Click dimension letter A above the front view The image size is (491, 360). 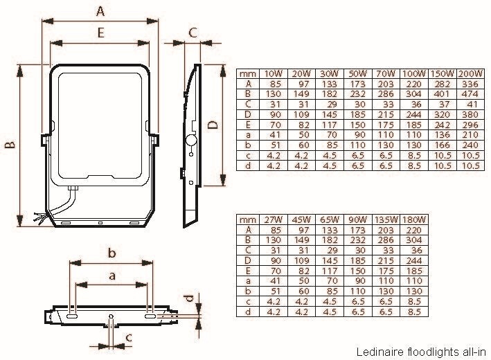click(x=100, y=11)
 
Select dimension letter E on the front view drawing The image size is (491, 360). click(x=100, y=33)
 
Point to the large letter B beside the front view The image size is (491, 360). click(x=10, y=145)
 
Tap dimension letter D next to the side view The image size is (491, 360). click(x=213, y=125)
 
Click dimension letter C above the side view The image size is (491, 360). click(x=193, y=32)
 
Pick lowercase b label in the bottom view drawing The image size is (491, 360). click(x=111, y=253)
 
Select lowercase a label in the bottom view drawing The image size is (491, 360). click(x=111, y=276)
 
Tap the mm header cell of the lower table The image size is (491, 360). click(x=247, y=220)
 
